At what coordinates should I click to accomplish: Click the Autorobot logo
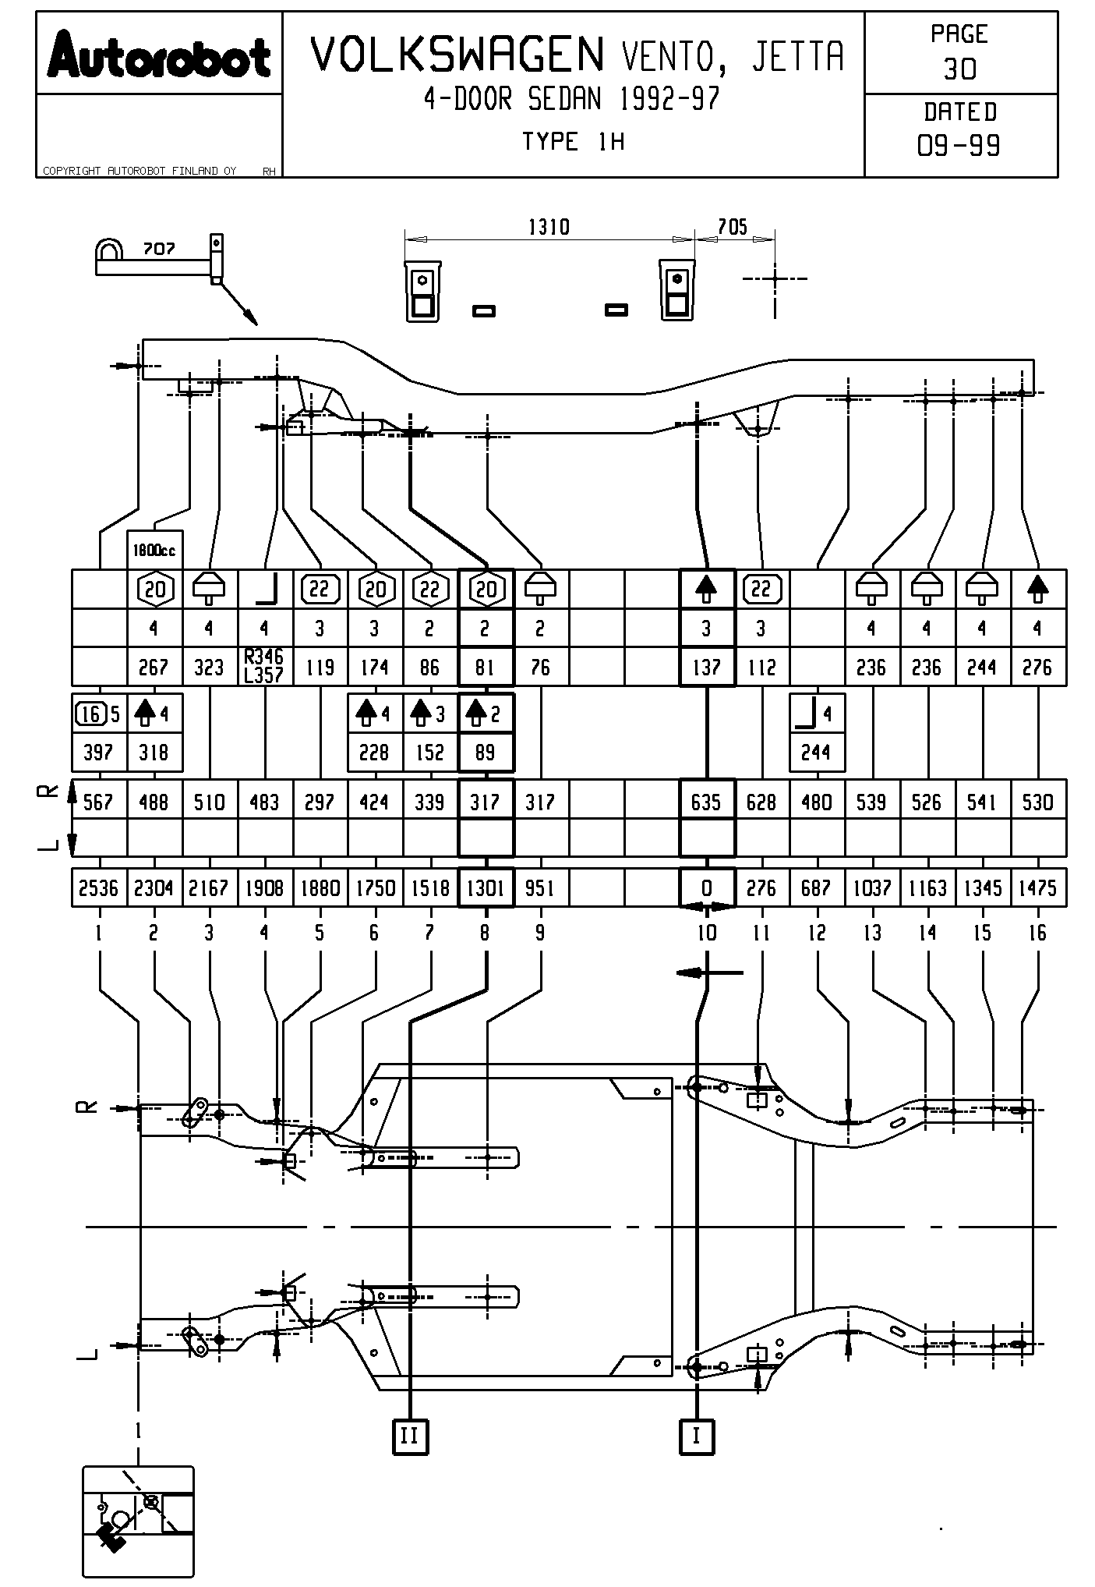click(159, 55)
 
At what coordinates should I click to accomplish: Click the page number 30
click(959, 69)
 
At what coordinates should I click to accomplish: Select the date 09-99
click(959, 145)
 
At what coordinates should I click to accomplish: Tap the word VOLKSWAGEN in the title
click(458, 55)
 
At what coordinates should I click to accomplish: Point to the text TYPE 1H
click(573, 142)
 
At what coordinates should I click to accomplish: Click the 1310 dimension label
click(549, 227)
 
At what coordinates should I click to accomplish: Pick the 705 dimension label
click(733, 227)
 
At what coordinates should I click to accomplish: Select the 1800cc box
click(154, 550)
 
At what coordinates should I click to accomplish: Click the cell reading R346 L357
click(265, 667)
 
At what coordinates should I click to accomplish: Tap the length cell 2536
click(99, 887)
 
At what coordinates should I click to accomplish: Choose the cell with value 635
click(707, 802)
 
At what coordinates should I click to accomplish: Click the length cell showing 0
click(707, 887)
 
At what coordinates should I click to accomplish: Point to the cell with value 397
click(99, 753)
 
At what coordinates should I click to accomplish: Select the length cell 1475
click(1038, 887)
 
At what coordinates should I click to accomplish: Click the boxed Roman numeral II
click(410, 1436)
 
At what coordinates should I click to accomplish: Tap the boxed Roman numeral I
click(697, 1436)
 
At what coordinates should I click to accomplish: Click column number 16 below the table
click(1037, 933)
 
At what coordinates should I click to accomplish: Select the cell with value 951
click(541, 887)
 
